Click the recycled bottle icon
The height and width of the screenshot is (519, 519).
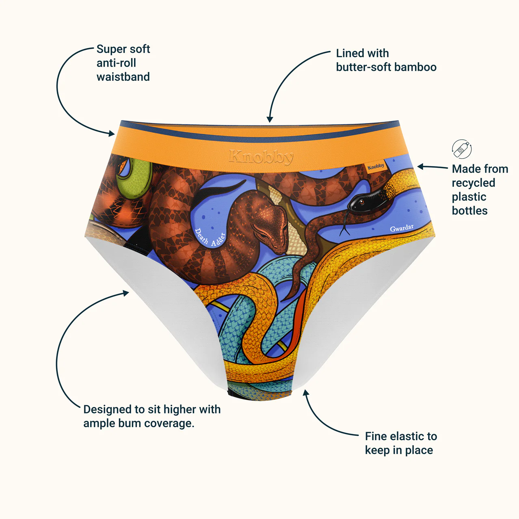pyautogui.click(x=462, y=149)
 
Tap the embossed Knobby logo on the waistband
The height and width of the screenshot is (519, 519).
pyautogui.click(x=261, y=157)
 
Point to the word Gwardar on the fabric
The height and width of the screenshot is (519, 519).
pyautogui.click(x=402, y=228)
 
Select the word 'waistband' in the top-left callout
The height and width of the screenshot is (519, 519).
pyautogui.click(x=123, y=77)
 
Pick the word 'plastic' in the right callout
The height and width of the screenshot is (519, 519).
pyautogui.click(x=469, y=197)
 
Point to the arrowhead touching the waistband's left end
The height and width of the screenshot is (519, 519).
pyautogui.click(x=112, y=133)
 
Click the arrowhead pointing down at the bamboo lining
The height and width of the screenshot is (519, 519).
pyautogui.click(x=270, y=119)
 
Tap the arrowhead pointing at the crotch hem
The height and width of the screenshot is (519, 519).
pyautogui.click(x=305, y=393)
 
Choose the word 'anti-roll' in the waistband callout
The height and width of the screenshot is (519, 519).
pyautogui.click(x=116, y=63)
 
